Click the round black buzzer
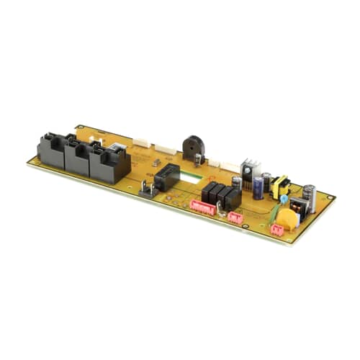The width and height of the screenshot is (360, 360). tap(192, 147)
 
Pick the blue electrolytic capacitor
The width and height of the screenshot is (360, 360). tap(257, 188)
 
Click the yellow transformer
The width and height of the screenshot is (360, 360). tap(279, 185)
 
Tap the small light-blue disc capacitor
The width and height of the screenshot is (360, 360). tap(284, 198)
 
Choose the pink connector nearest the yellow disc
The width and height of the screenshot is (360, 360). tap(276, 230)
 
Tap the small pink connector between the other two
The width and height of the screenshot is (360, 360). tap(235, 217)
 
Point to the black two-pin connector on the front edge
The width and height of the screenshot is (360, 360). tap(148, 189)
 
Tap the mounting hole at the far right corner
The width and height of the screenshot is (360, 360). tap(330, 197)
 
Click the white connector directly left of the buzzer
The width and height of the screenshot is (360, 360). tap(165, 150)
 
